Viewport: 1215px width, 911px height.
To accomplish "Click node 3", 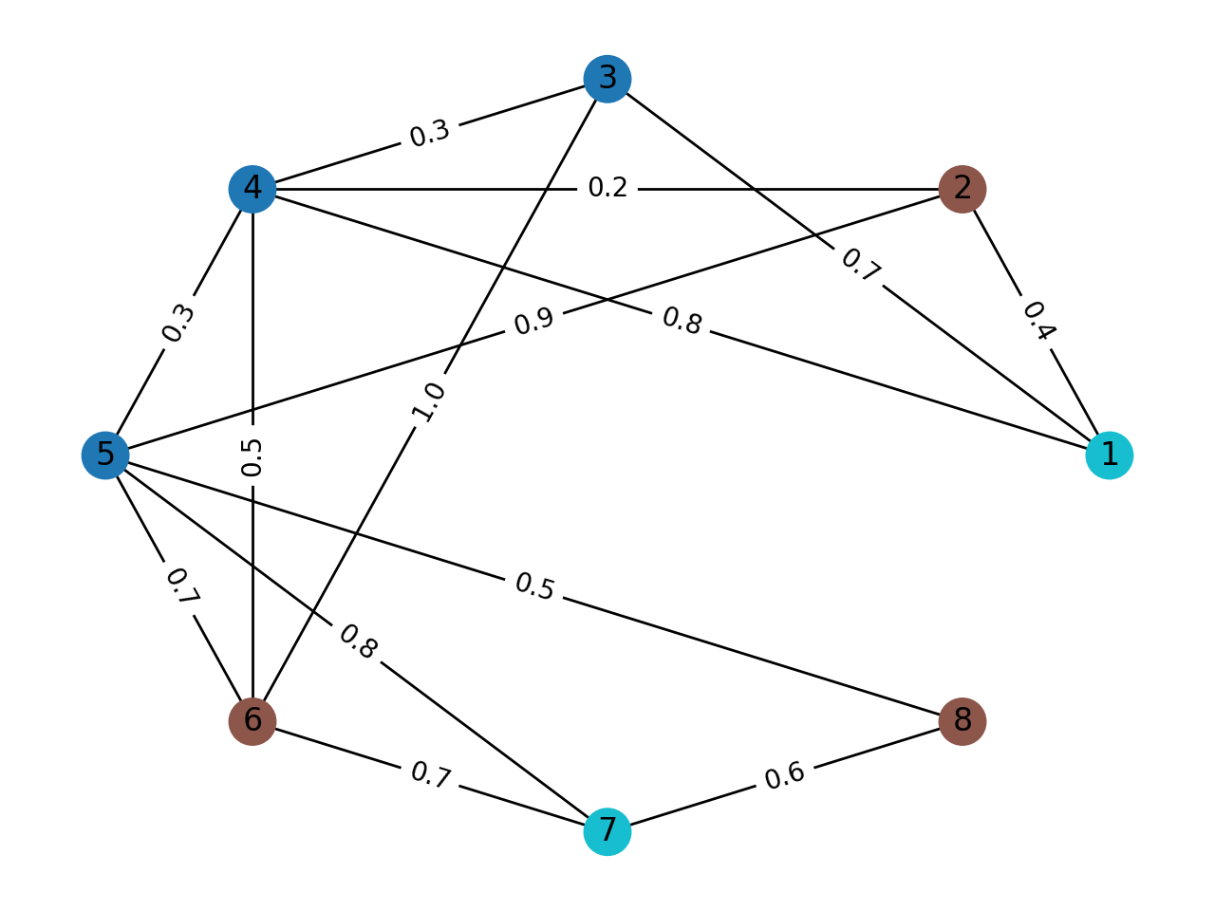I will click(607, 79).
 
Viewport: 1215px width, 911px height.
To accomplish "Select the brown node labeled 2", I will click(963, 189).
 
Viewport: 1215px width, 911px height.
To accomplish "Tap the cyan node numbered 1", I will click(1109, 455).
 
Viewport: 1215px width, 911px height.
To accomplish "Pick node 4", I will click(252, 189).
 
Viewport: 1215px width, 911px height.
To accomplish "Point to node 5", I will click(105, 455).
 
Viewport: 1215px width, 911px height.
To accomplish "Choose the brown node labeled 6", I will click(252, 721).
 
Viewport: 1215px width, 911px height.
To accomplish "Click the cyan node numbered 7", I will click(607, 832).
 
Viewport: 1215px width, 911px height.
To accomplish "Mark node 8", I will click(963, 721).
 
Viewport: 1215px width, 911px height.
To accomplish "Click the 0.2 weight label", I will click(607, 188).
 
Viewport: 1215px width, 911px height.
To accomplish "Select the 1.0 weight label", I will click(428, 401).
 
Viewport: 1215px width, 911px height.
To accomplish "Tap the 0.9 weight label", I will click(533, 322).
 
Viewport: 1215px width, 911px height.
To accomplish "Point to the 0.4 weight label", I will click(1037, 321).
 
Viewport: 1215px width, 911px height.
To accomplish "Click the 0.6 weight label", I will click(785, 775).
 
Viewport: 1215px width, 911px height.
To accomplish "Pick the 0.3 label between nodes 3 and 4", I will click(430, 134).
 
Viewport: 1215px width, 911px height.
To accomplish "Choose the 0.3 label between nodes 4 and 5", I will click(178, 323).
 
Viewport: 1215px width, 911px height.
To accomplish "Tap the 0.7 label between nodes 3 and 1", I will click(860, 266).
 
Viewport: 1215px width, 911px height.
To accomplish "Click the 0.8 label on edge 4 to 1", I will click(682, 322).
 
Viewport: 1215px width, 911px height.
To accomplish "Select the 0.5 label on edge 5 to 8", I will click(534, 587).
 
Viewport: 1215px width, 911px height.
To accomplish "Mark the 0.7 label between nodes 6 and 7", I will click(430, 776).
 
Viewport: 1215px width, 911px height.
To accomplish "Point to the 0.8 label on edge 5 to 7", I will click(358, 642).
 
